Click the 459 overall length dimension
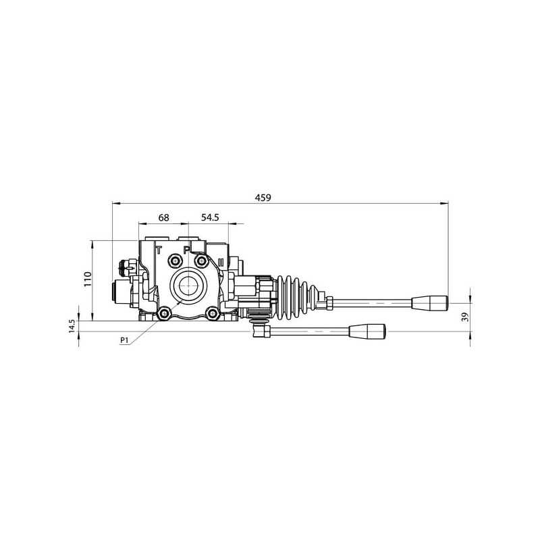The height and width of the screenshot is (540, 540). tap(263, 198)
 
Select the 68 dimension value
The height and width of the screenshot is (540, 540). tap(163, 217)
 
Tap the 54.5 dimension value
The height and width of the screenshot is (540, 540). tap(210, 217)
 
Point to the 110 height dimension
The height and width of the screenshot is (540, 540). tap(88, 279)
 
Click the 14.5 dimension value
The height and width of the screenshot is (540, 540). tap(72, 326)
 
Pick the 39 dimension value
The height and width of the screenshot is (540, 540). tap(465, 317)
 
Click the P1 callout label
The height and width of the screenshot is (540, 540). tap(124, 341)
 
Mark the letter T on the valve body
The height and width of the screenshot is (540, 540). tap(159, 250)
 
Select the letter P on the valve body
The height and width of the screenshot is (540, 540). tap(186, 250)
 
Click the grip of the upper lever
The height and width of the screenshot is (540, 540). tap(430, 303)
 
